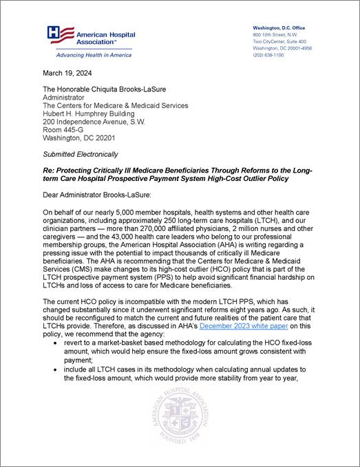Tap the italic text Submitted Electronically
coord(81,154)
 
